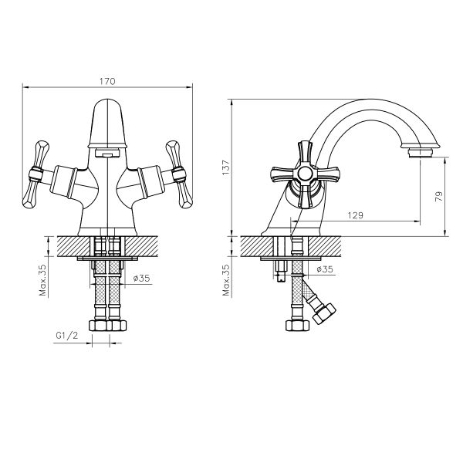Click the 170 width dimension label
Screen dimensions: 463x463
click(107, 81)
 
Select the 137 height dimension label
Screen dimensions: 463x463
click(225, 167)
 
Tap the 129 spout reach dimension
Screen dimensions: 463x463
click(355, 215)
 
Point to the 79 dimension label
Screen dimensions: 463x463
click(439, 196)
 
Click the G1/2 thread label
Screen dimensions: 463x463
click(67, 336)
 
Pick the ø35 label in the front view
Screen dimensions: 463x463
click(141, 278)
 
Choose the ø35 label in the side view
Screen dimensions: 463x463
click(325, 269)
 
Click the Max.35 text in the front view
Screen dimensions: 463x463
click(42, 280)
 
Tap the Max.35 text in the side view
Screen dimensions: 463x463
click(226, 280)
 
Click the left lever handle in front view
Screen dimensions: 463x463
click(35, 174)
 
